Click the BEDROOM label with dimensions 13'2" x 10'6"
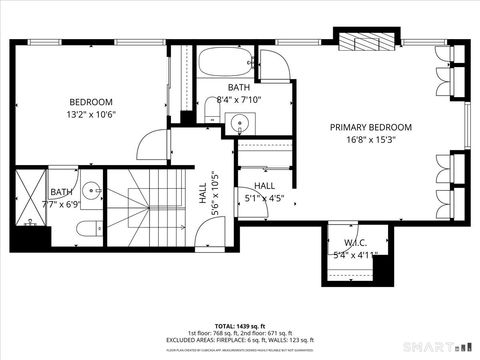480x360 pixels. point(90,102)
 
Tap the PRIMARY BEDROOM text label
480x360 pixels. point(371,127)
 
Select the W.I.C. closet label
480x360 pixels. point(357,242)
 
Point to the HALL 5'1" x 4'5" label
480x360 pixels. point(264,186)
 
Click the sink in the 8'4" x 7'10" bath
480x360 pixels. point(237,123)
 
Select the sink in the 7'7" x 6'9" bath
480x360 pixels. point(92,190)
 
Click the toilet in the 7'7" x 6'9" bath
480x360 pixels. point(87,229)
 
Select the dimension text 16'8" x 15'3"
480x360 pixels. point(371,140)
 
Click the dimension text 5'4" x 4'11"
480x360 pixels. point(357,254)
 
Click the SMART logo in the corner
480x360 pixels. point(446,347)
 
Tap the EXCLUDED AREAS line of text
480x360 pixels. point(240,340)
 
